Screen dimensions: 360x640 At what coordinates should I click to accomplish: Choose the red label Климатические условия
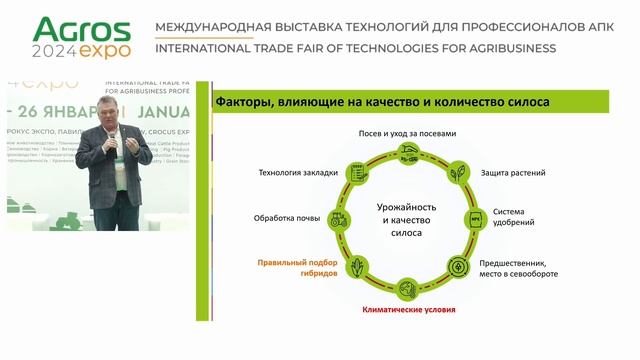[408, 309]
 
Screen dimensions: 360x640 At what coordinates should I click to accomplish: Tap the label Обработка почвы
[287, 216]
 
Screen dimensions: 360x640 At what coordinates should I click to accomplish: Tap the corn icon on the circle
[356, 267]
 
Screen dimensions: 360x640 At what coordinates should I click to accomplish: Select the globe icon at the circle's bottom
[407, 287]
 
